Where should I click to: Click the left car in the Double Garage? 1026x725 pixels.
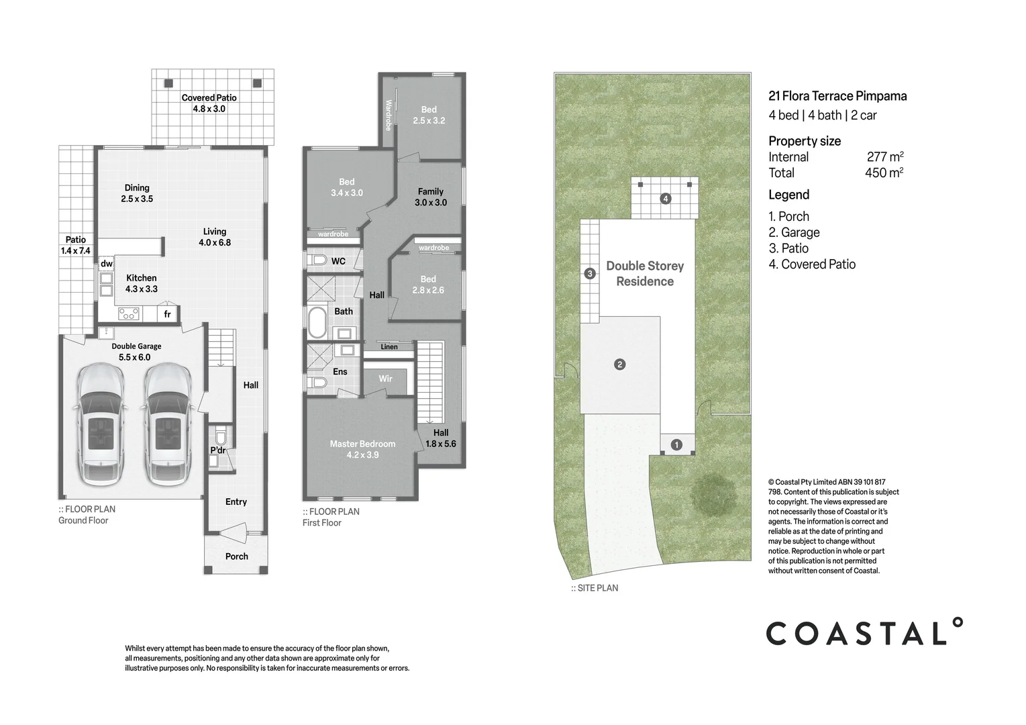(101, 425)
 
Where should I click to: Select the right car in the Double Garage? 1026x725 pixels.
(166, 425)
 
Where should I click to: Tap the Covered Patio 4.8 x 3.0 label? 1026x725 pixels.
(209, 103)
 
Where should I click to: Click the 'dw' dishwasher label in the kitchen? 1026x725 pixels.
(107, 264)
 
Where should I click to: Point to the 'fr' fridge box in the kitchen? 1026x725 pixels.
(167, 314)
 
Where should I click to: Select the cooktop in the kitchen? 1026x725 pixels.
(129, 313)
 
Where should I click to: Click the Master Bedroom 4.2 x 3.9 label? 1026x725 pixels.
(362, 449)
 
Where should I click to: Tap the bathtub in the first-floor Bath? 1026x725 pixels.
(316, 323)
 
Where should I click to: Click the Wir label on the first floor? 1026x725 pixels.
(385, 379)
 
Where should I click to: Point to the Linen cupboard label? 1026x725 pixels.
(389, 346)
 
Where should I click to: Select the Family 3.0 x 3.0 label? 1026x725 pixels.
(430, 197)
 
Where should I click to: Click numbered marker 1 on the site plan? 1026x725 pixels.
(676, 444)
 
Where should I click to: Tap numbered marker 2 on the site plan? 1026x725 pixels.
(620, 365)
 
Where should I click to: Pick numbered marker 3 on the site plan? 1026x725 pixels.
(590, 273)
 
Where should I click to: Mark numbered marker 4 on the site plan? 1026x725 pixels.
(665, 198)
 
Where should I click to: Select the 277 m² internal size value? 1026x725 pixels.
(884, 157)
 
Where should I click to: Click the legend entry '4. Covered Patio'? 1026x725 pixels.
(812, 264)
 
